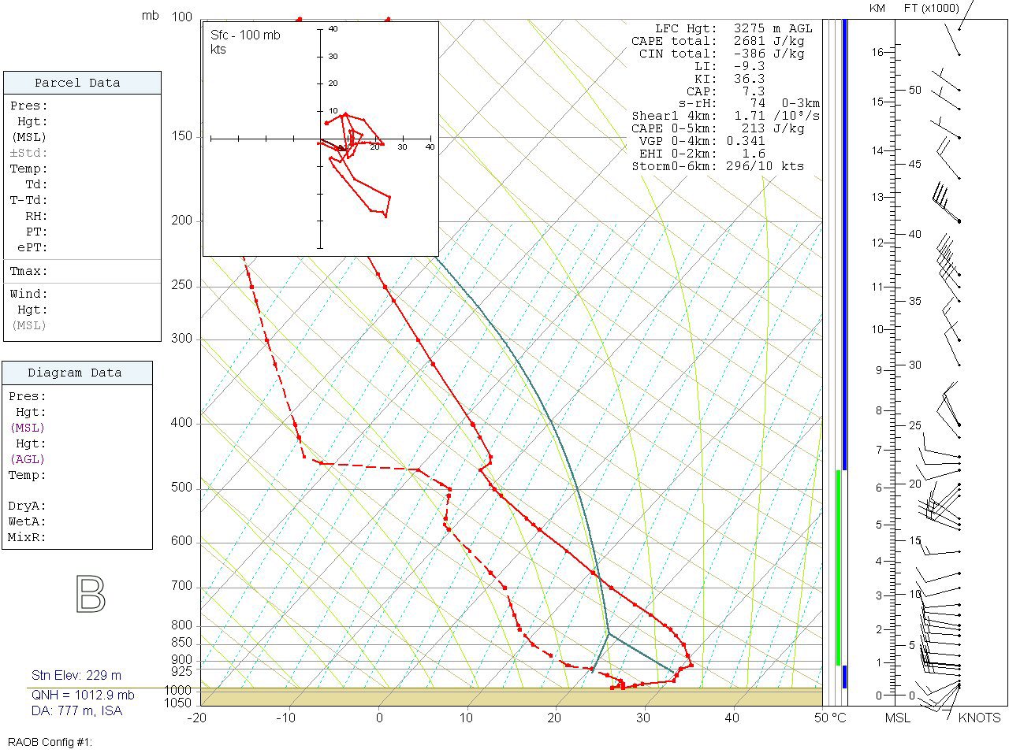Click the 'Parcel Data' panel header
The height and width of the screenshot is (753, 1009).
point(77,83)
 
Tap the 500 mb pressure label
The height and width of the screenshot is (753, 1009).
point(181,488)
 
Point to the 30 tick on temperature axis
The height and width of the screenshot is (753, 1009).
point(643,718)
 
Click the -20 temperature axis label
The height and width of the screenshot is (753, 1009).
point(197,718)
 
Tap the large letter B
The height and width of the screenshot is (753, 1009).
point(91,595)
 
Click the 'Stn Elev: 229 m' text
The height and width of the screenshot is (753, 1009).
point(76,676)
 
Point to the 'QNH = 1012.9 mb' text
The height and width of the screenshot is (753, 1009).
point(83,696)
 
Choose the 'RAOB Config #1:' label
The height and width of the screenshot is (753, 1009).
point(50,742)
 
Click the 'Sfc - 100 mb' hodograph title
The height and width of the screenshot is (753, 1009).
point(245,35)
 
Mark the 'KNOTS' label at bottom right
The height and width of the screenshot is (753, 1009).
point(979,718)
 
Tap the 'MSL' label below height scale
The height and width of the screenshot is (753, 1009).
point(897,718)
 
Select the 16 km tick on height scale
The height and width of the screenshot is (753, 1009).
point(878,52)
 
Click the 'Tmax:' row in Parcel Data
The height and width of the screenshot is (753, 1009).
point(29,271)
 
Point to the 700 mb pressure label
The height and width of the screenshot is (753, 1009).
point(181,587)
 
